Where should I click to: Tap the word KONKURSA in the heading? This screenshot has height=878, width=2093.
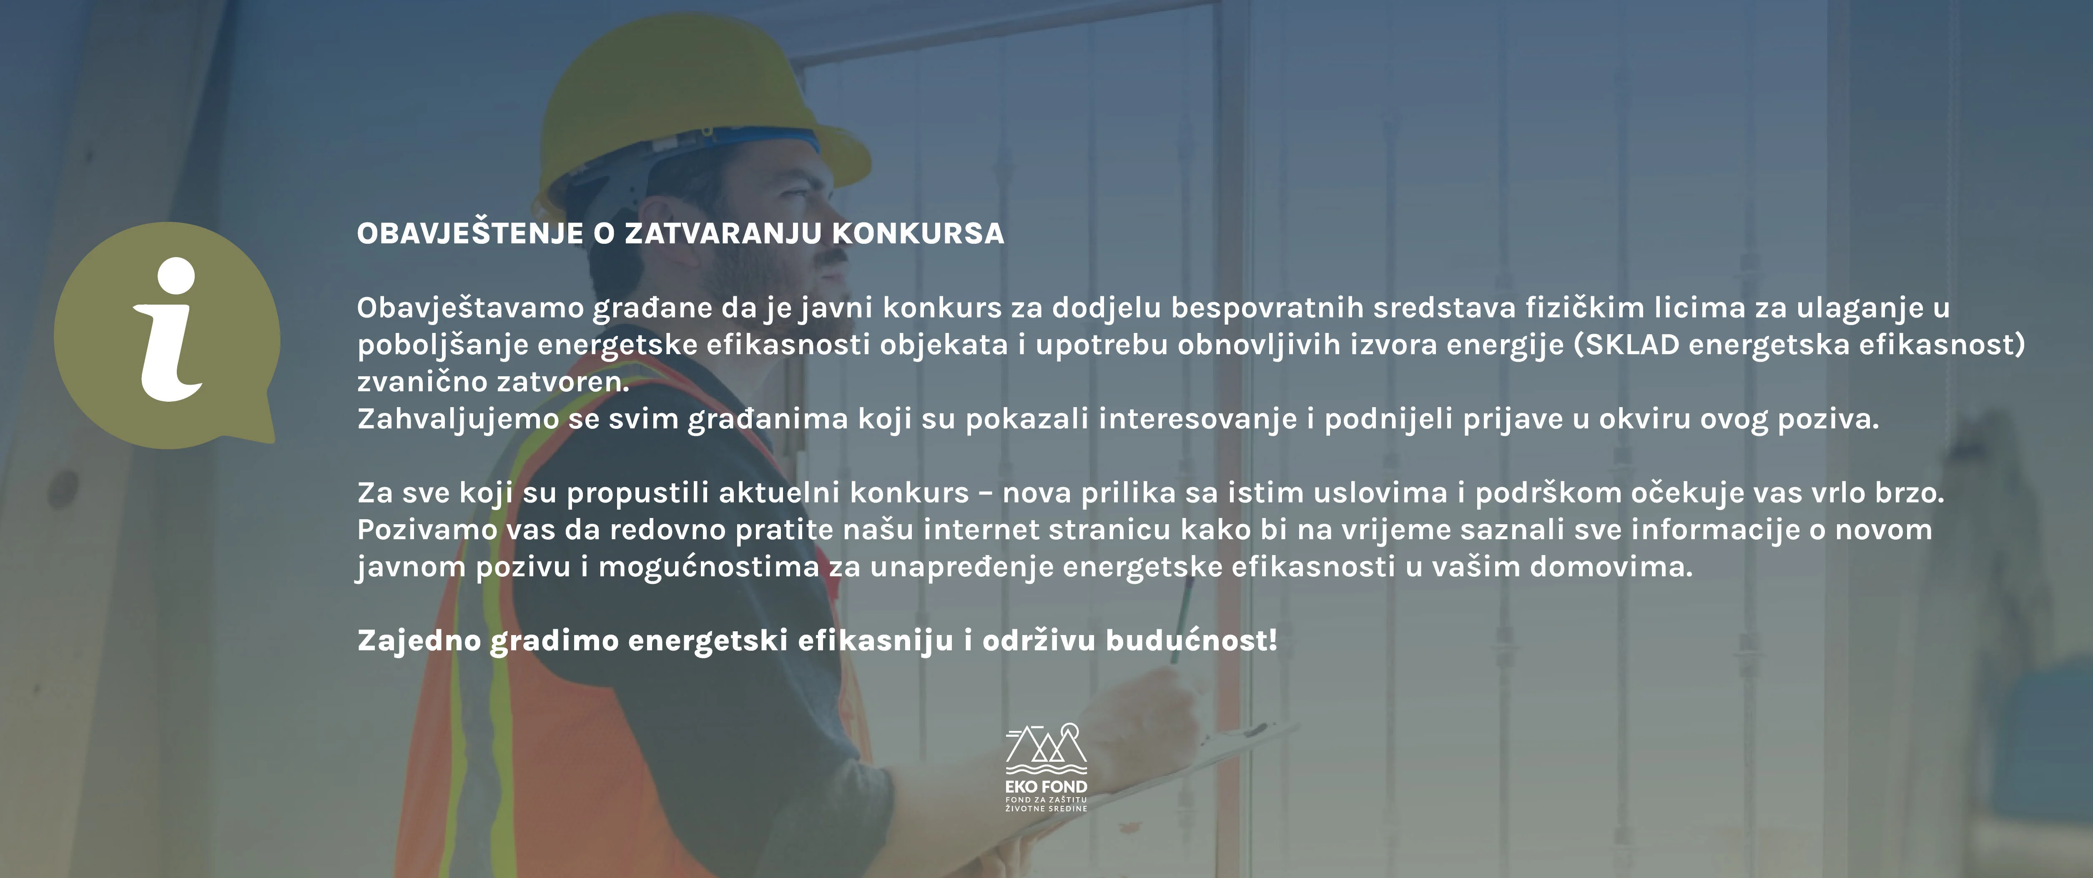[x=918, y=234]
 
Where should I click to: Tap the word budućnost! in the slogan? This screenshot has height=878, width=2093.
[x=1192, y=641]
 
